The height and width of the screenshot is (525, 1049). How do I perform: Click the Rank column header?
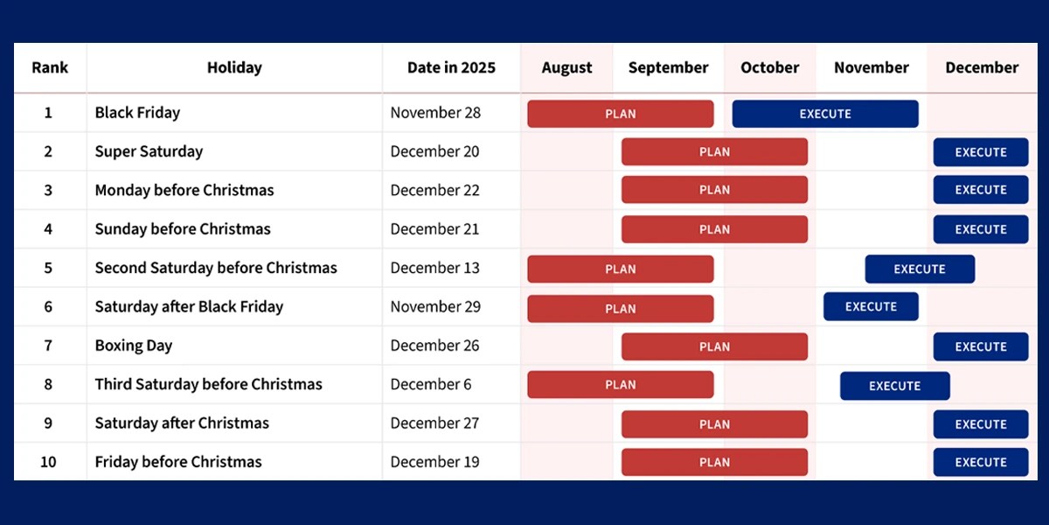[50, 67]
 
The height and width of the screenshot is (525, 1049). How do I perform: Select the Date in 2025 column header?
[451, 67]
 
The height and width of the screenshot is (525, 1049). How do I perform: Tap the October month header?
[769, 67]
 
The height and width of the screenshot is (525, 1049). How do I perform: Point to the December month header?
[982, 67]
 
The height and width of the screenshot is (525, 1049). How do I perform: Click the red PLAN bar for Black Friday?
[620, 114]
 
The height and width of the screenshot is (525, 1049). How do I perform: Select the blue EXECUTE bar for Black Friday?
[825, 114]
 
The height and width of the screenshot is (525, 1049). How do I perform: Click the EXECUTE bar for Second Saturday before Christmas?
[920, 269]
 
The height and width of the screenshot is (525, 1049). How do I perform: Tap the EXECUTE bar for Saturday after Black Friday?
[871, 307]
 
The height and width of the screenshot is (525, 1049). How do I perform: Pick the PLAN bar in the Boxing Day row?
[714, 346]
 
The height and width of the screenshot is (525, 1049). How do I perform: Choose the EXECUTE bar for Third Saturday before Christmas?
[894, 385]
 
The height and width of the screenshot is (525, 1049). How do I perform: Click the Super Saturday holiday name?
[149, 151]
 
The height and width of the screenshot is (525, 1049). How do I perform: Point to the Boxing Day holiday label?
[134, 346]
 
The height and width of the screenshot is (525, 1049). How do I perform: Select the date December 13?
[434, 268]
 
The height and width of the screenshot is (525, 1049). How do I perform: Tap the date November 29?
[434, 306]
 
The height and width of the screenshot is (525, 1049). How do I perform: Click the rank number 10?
[48, 462]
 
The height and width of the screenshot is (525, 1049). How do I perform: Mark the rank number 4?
[48, 229]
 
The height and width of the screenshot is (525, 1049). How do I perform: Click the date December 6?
[430, 384]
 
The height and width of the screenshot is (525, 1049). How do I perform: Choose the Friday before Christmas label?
[178, 462]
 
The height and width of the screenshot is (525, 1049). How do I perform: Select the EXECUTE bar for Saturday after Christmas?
[980, 424]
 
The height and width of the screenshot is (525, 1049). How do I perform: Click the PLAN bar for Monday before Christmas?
[714, 190]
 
